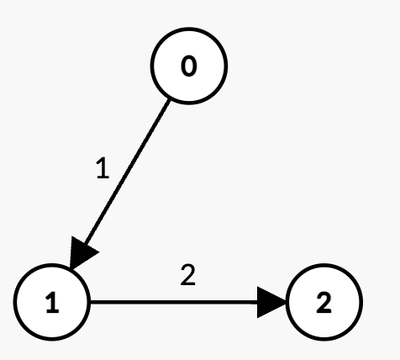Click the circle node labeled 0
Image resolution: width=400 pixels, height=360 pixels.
coord(189,66)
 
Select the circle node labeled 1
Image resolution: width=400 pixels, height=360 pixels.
coord(52,302)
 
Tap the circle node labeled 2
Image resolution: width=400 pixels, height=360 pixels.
coord(324,302)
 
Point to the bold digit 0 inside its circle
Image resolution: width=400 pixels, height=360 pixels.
coord(189,66)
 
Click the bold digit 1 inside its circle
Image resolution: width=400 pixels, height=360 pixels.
coord(52,303)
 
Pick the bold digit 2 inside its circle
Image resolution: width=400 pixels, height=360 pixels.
coord(324,303)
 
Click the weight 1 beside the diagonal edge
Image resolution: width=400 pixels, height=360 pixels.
coord(103,168)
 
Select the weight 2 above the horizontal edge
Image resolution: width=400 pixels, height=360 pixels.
coord(187,275)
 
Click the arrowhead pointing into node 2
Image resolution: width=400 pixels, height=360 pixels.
coord(271,302)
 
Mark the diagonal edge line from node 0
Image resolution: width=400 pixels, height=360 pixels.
coord(120,184)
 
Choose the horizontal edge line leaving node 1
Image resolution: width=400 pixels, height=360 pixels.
coord(188,302)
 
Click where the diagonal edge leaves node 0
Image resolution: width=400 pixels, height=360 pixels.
coord(169,100)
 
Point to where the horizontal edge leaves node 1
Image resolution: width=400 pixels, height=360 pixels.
coord(91,302)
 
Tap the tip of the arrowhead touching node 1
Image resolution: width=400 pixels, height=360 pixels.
coord(71,269)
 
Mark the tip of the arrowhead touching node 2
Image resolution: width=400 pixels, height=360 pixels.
coord(286,302)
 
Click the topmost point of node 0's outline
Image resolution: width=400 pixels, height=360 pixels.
coord(189,29)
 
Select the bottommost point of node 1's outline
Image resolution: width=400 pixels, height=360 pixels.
coord(52,340)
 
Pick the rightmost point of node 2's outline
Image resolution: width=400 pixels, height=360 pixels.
coord(362,302)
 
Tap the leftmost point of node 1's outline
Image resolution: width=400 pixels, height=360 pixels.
coord(14,302)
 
